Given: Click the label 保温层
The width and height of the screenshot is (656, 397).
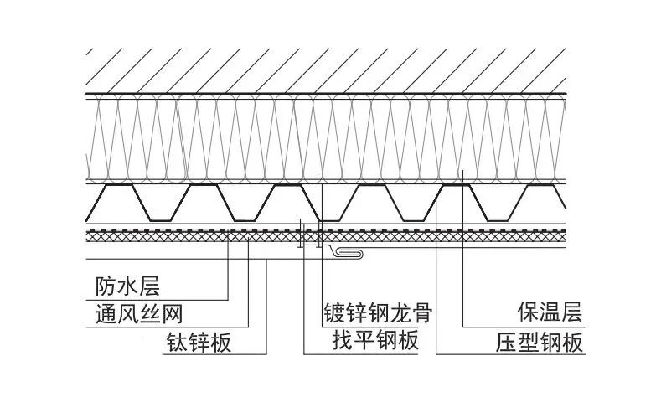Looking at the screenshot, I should click(x=549, y=314).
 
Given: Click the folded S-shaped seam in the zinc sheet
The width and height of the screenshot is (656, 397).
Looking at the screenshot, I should click(x=352, y=252).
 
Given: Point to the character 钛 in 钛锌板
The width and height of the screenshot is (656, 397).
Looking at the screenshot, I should click(x=170, y=343).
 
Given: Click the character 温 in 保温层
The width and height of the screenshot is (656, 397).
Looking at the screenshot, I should click(x=549, y=314).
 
